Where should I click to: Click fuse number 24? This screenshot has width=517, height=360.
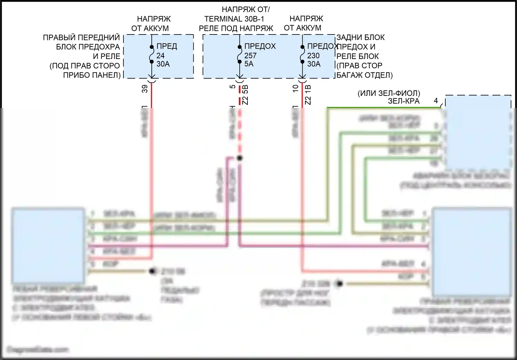pos(161,56)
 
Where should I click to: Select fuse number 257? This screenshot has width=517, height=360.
pos(251,56)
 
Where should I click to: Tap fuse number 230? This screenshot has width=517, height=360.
pos(313,56)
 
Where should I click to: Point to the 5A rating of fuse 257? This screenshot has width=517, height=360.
pos(249,64)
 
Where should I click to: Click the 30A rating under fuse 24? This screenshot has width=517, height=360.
pos(163,64)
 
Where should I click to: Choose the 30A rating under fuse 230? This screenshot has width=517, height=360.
pos(314,64)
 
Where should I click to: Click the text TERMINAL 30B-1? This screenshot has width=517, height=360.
pos(234,19)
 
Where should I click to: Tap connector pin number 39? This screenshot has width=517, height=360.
pos(145,89)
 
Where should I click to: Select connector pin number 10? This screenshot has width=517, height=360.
pos(295,88)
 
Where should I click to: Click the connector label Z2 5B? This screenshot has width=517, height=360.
pos(245,95)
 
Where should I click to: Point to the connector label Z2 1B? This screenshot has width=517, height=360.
pos(308,95)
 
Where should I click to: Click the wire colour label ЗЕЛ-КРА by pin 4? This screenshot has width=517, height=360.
pos(404,101)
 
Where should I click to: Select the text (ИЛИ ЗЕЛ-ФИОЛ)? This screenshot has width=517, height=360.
pos(389,93)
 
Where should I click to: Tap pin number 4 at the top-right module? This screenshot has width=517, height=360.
pos(436,101)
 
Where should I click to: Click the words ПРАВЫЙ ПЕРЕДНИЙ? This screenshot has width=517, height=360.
pos(81,37)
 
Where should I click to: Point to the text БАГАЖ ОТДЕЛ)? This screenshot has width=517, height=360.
pos(364,75)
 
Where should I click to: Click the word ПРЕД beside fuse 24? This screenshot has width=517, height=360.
pos(167,46)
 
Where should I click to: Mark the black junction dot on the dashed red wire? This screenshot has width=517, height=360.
pos(240,158)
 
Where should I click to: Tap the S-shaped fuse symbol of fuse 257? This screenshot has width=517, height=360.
pos(240,54)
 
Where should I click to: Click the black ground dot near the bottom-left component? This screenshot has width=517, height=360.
pos(152,271)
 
